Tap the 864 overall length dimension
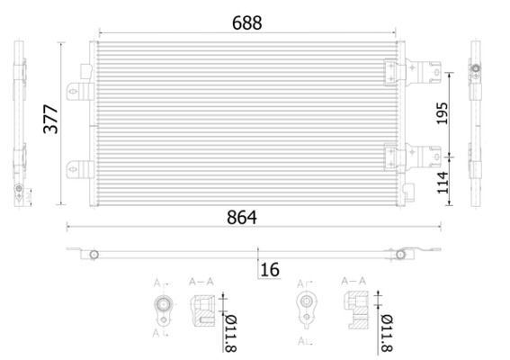tap(242, 216)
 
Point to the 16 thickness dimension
tap(269, 269)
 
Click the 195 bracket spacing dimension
tap(442, 112)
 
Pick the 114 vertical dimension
tap(442, 182)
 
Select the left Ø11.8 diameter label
tap(230, 329)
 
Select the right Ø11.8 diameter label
tap(387, 329)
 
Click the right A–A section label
tap(353, 282)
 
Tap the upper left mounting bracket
tap(79, 87)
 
